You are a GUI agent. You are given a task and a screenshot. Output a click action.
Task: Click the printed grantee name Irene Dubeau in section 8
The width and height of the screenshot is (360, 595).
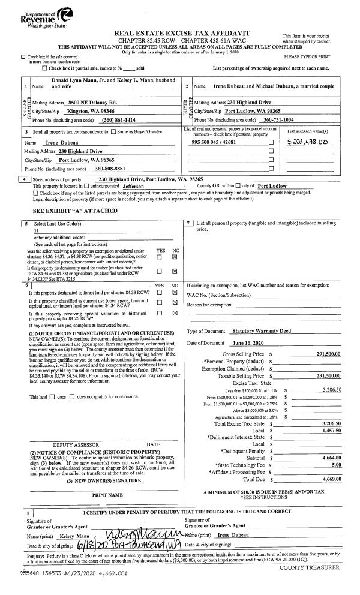pyautogui.click(x=232, y=534)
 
